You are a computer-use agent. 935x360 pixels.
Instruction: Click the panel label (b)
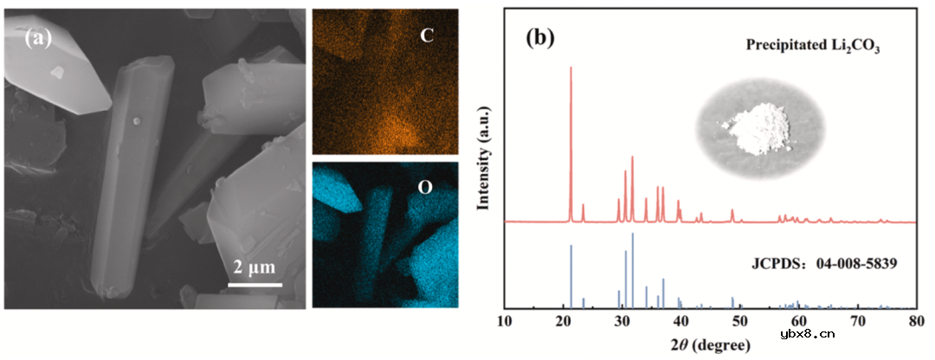click(x=540, y=38)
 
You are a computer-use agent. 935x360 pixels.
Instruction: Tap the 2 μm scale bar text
click(x=255, y=266)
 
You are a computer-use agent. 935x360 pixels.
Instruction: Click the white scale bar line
click(x=255, y=283)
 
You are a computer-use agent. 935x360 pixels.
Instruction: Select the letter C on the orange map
click(x=426, y=35)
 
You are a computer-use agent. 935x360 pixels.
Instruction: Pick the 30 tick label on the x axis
click(x=622, y=322)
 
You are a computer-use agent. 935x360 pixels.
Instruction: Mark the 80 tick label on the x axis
click(x=916, y=322)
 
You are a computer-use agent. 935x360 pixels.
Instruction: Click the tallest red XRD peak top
click(x=571, y=68)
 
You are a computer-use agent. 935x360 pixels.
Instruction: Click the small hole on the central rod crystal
click(x=136, y=121)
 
